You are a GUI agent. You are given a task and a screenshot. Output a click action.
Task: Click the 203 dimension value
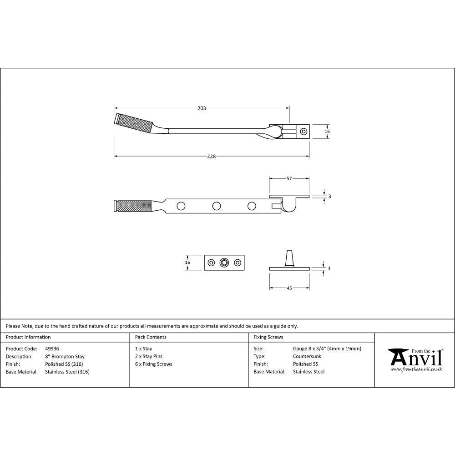pyautogui.click(x=202, y=108)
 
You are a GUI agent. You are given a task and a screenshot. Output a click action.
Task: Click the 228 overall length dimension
pyautogui.click(x=211, y=157)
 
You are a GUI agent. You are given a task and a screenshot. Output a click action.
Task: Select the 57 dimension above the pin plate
pyautogui.click(x=289, y=179)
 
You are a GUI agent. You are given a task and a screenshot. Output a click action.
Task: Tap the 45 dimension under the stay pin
pyautogui.click(x=289, y=288)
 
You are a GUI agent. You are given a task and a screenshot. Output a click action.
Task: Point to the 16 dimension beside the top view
pyautogui.click(x=327, y=131)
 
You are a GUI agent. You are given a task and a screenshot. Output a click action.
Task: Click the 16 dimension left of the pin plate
pyautogui.click(x=188, y=263)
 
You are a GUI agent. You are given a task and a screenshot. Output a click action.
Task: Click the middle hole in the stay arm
pyautogui.click(x=216, y=206)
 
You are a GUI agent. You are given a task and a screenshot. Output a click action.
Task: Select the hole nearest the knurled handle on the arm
pyautogui.click(x=181, y=206)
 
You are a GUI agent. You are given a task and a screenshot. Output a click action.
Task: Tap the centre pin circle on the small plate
pyautogui.click(x=224, y=263)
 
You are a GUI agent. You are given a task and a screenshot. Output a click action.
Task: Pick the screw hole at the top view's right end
pyautogui.click(x=303, y=131)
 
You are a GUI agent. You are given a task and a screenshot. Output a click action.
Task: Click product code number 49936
pyautogui.click(x=52, y=349)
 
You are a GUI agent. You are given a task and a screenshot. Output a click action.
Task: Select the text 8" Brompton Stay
pyautogui.click(x=65, y=357)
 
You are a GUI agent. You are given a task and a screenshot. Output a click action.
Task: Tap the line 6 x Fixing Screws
pyautogui.click(x=154, y=364)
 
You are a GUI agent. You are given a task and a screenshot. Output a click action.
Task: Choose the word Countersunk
pyautogui.click(x=307, y=357)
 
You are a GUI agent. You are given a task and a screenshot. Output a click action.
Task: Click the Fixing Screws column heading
pyautogui.click(x=268, y=337)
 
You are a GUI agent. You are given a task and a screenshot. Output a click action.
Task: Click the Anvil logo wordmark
pyautogui.click(x=416, y=359)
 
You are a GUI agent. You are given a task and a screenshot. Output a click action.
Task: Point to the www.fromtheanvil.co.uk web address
pyautogui.click(x=416, y=369)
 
